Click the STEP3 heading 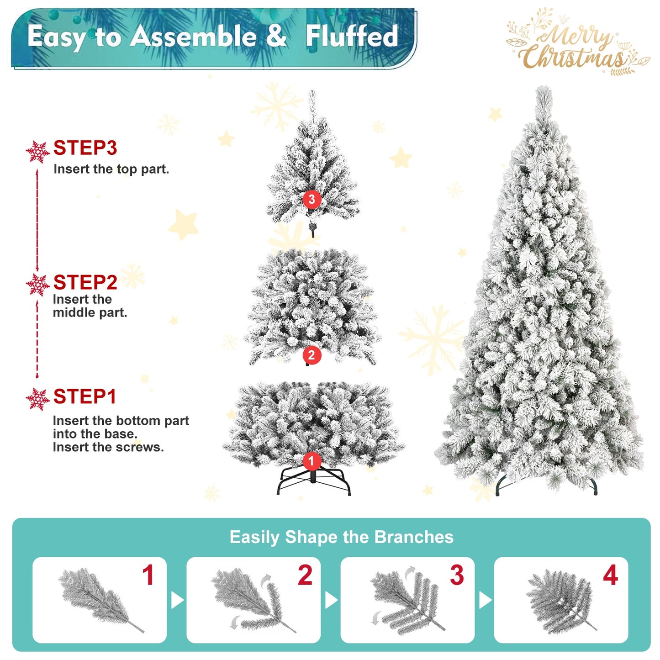click(85, 148)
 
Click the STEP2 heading click(85, 283)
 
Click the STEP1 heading click(85, 396)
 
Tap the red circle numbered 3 click(312, 199)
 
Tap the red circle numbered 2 click(312, 355)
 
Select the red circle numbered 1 click(312, 461)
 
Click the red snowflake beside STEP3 click(37, 152)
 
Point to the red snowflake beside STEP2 click(37, 285)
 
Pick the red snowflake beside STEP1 click(37, 399)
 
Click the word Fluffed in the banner click(352, 36)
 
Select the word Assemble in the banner click(193, 36)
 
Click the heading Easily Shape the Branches click(341, 537)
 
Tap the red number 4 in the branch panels click(610, 575)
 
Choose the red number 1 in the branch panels click(148, 575)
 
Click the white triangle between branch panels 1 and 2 click(177, 600)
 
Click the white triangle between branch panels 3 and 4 click(485, 600)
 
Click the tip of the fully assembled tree click(544, 89)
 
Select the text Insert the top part click(111, 169)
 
